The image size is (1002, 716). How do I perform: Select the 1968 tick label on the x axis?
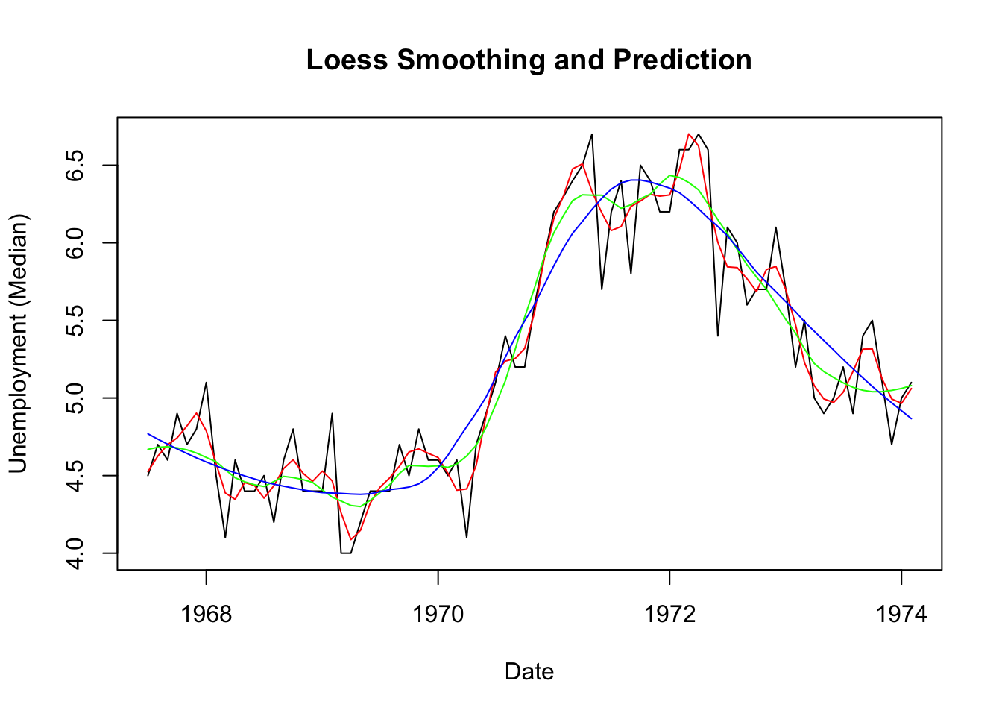coord(207,615)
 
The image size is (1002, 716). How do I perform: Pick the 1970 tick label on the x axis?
coord(438,615)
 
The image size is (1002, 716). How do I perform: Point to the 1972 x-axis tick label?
coord(669,615)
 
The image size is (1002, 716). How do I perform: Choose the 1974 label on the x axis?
coord(901,615)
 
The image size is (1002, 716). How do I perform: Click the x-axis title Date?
coord(529,671)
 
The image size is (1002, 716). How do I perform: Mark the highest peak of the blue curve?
coord(634,180)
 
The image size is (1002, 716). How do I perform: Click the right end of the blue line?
coord(911,419)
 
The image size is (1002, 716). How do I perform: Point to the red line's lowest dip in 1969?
coord(351,539)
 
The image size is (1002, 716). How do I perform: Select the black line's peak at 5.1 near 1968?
coord(206,383)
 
